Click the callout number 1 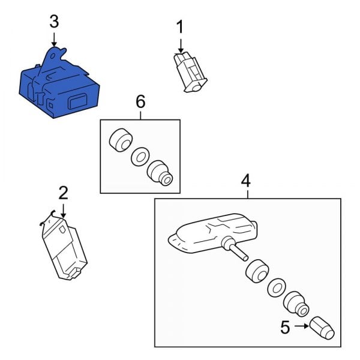(x=179, y=26)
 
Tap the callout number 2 (x=63, y=193)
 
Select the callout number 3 (x=54, y=22)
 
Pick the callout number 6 (x=140, y=101)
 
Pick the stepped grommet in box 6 (x=160, y=172)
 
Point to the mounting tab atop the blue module (x=54, y=55)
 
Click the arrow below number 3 (x=54, y=40)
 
